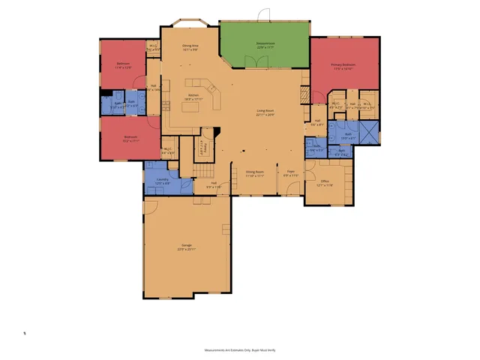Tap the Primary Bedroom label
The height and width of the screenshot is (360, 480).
click(343, 64)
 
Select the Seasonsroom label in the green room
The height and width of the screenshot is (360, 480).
click(265, 44)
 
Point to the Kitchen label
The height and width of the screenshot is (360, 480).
click(193, 95)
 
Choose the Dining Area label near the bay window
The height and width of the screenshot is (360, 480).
click(190, 46)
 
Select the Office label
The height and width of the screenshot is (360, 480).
click(325, 181)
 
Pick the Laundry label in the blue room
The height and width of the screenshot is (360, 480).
click(162, 179)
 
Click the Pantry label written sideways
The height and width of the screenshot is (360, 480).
click(202, 147)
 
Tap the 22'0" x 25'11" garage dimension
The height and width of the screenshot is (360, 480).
click(186, 250)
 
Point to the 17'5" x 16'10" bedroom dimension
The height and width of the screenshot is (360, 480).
click(343, 69)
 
